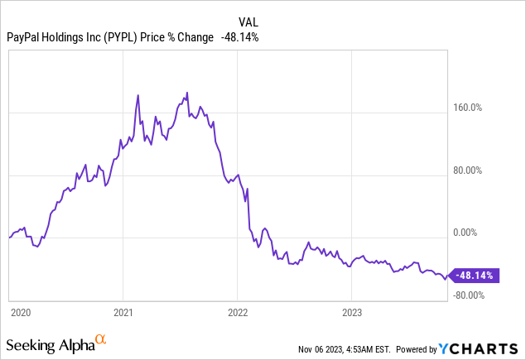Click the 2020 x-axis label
pos(21,313)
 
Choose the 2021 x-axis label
pos(123,313)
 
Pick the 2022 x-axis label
pos(238,313)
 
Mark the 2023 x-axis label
pos(352,313)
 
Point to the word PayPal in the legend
pos(26,37)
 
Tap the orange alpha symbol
pos(100,339)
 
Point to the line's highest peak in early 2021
pos(138,96)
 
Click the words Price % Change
pos(179,37)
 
